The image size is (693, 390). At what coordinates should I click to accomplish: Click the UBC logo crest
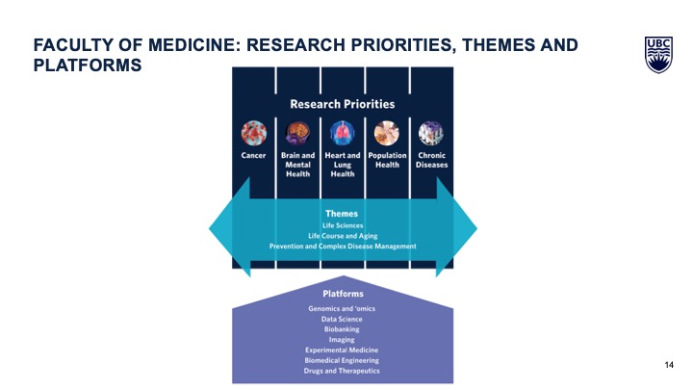click(x=658, y=55)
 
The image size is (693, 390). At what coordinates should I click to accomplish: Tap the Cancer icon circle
click(x=254, y=133)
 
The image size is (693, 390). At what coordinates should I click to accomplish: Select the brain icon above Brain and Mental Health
click(x=297, y=133)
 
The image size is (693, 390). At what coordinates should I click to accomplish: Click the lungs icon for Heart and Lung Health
click(x=343, y=133)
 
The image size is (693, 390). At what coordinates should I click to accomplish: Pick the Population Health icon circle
click(x=387, y=133)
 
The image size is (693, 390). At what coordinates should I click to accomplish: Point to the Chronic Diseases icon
click(x=431, y=133)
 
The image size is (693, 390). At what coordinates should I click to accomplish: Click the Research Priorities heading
click(x=343, y=104)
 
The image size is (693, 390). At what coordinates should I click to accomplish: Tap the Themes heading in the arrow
click(x=342, y=214)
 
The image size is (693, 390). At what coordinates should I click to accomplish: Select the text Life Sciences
click(x=343, y=225)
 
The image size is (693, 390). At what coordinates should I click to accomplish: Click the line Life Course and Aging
click(x=343, y=236)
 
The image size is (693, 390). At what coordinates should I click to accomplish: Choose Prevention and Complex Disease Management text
click(x=343, y=246)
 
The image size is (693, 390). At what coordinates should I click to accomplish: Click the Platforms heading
click(x=343, y=294)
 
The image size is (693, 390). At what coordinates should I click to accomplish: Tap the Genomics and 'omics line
click(x=342, y=309)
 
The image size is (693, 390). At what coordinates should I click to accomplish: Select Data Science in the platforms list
click(x=342, y=320)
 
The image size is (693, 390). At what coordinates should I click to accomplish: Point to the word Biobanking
click(x=342, y=329)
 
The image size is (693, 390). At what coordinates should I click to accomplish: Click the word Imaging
click(x=342, y=340)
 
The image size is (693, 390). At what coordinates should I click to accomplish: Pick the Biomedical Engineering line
click(x=342, y=360)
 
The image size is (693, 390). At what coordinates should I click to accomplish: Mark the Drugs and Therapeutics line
click(x=342, y=371)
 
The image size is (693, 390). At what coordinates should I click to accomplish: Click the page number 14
click(x=669, y=365)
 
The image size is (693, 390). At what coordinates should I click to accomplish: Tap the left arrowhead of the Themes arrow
click(x=230, y=227)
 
